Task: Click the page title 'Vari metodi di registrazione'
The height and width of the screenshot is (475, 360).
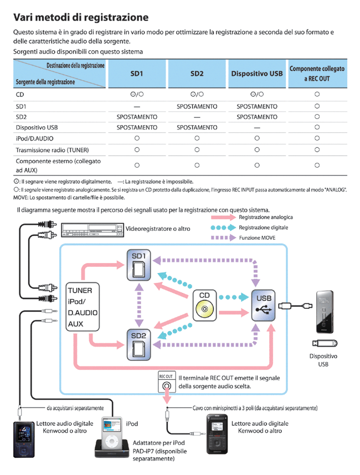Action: click(81, 17)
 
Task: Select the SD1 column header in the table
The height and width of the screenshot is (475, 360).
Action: click(137, 74)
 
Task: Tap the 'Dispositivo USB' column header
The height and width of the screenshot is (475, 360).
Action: click(256, 74)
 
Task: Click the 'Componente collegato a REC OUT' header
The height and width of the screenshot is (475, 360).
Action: click(317, 74)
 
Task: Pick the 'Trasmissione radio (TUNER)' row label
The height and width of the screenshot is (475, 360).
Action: click(53, 149)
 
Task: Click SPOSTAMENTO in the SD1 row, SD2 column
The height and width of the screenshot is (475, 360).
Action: click(197, 106)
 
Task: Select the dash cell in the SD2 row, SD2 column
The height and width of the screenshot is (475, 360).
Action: click(197, 117)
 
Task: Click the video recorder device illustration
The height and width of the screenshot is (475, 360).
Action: click(91, 229)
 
